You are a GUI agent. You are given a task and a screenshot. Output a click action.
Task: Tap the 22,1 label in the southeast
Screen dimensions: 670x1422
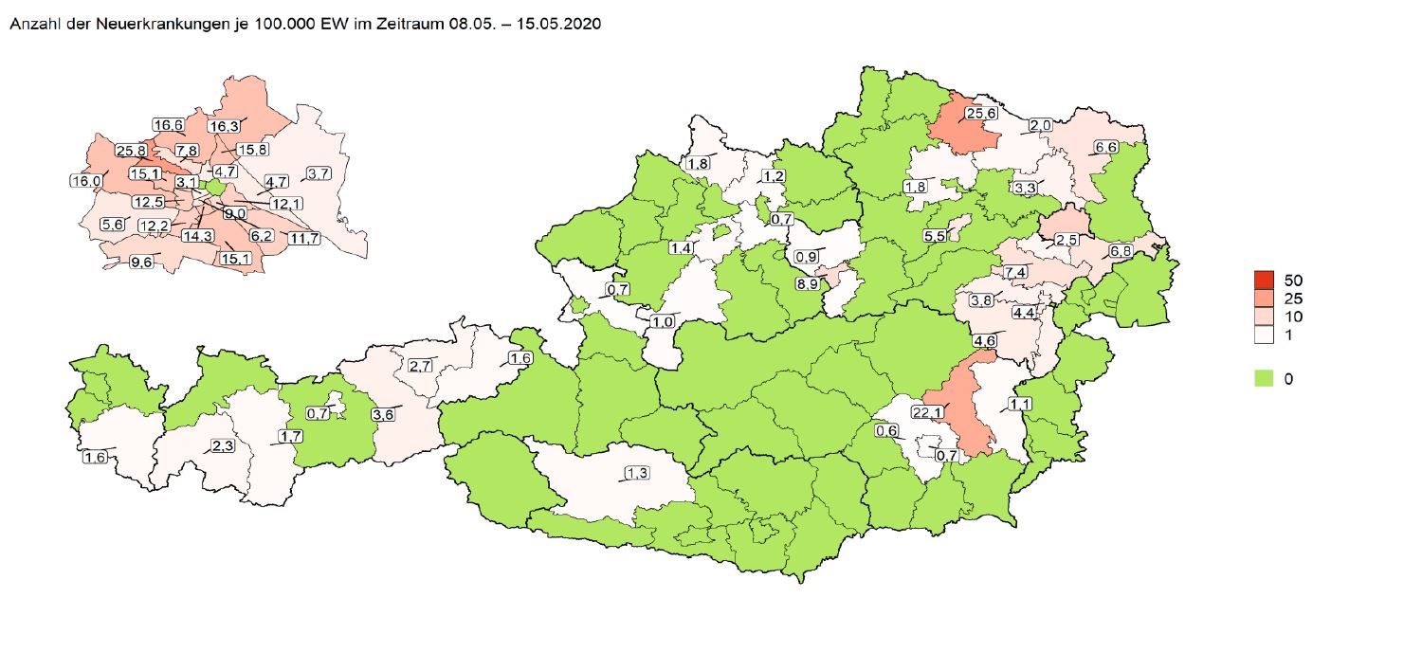(x=929, y=412)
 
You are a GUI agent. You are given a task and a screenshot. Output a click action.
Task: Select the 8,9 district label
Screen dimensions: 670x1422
(x=809, y=284)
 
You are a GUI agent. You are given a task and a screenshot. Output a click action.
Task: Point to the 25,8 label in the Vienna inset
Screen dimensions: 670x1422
(x=130, y=151)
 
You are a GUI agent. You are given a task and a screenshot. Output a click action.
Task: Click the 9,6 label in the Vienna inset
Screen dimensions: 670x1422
(x=141, y=263)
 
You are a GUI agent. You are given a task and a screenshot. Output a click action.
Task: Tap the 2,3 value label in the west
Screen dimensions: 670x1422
(x=223, y=446)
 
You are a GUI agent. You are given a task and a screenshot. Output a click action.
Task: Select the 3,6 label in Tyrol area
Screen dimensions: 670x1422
(x=383, y=415)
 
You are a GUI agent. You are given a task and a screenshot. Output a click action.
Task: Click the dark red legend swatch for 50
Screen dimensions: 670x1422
(x=1263, y=280)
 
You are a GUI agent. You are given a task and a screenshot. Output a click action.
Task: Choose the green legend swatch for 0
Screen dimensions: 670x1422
(x=1263, y=378)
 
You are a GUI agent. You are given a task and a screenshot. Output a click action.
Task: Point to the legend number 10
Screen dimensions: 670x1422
(x=1294, y=317)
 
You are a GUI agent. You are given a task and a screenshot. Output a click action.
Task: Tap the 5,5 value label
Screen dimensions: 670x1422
(x=935, y=236)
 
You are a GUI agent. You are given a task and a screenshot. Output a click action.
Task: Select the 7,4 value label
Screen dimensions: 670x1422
(x=1016, y=273)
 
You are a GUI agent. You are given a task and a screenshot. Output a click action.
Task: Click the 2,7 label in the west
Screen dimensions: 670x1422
(x=421, y=366)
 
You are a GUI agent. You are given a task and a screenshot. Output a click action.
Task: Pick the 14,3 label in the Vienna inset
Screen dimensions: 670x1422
(x=197, y=237)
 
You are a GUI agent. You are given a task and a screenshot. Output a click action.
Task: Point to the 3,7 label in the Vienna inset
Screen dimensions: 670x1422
(x=319, y=173)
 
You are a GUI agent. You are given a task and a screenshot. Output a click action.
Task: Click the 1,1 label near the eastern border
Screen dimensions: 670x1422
(x=1020, y=405)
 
